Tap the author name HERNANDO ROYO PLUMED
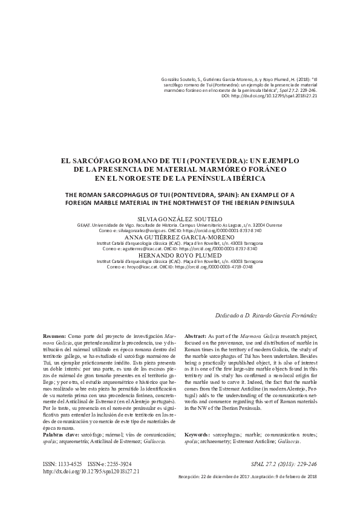click(180, 254)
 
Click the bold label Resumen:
click(54, 335)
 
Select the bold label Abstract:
click(195, 335)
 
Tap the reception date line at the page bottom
click(248, 476)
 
